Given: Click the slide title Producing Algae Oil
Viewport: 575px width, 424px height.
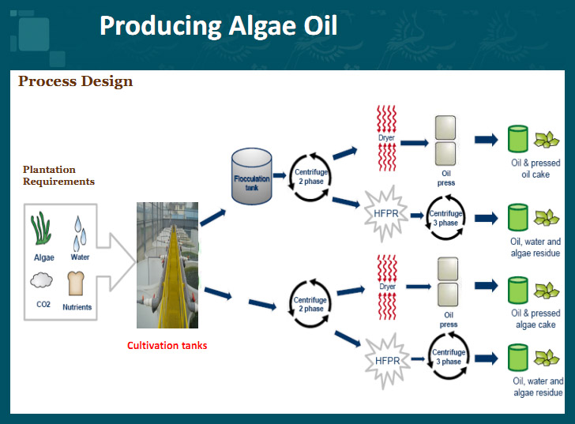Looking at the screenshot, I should [x=218, y=26].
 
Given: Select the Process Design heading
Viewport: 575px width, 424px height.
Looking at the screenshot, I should [x=75, y=81].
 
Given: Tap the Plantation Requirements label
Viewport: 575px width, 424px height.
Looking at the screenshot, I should [x=58, y=175].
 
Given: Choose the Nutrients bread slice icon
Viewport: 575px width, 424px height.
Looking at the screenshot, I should [x=77, y=283].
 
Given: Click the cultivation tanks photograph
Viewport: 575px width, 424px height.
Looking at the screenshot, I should [x=167, y=265].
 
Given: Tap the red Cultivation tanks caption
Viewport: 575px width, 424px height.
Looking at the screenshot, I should [x=167, y=346].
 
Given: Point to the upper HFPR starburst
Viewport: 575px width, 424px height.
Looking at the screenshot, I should [x=382, y=212].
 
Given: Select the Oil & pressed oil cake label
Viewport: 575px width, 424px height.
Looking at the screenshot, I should [x=536, y=168].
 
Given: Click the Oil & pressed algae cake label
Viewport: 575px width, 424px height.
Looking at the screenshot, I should [x=536, y=319].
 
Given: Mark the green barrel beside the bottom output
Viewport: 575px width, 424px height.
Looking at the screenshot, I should [x=518, y=359].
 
